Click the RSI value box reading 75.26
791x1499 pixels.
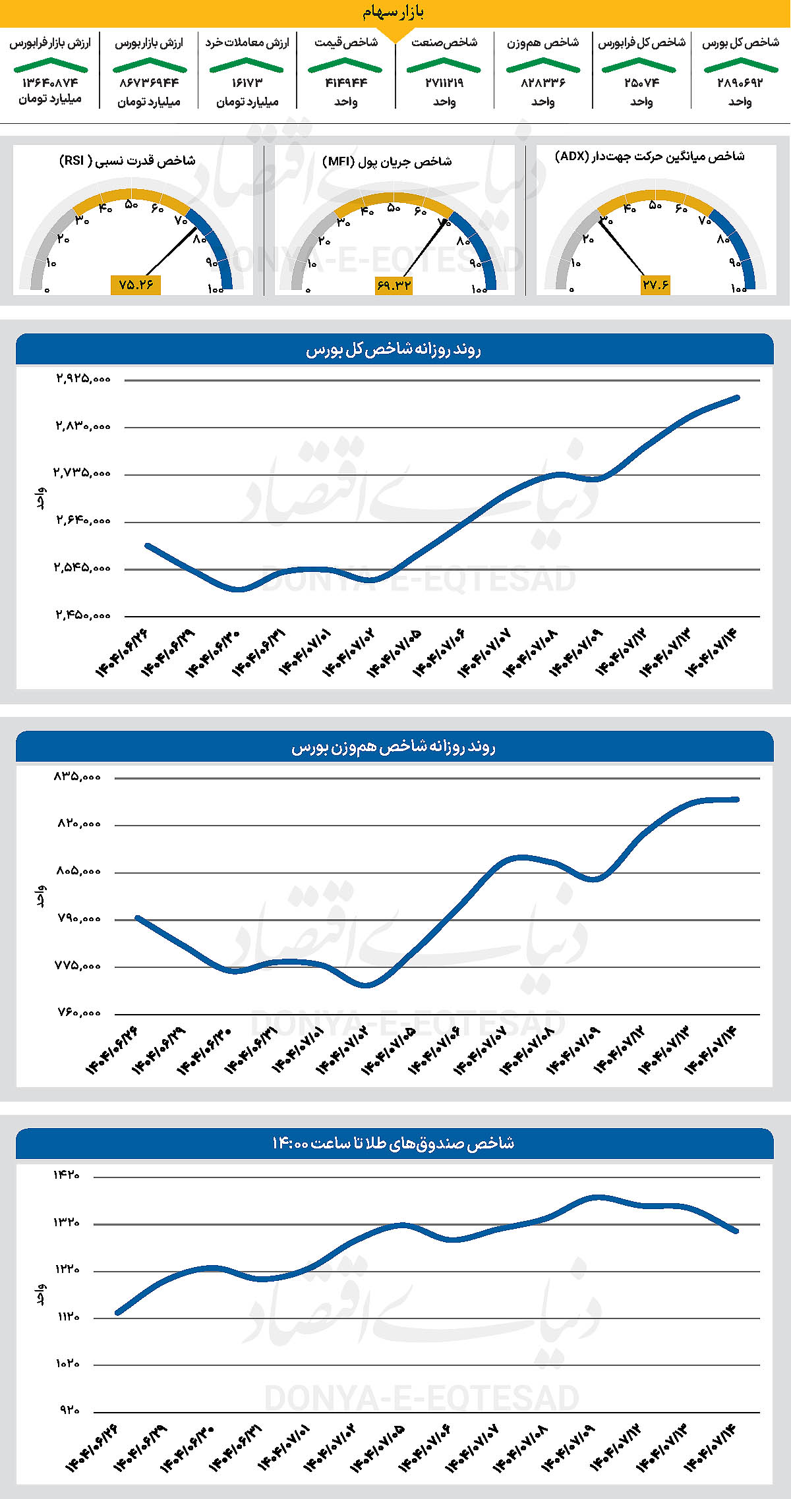pyautogui.click(x=136, y=285)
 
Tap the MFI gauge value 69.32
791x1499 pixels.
pyautogui.click(x=394, y=285)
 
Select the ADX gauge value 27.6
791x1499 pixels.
pyautogui.click(x=655, y=285)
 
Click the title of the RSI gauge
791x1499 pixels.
pyautogui.click(x=127, y=161)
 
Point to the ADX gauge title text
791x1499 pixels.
pyautogui.click(x=650, y=156)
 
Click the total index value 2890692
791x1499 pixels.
pyautogui.click(x=740, y=83)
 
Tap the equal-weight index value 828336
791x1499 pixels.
pyautogui.click(x=542, y=83)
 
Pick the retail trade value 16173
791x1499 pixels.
pyautogui.click(x=247, y=83)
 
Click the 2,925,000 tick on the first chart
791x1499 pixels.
pyautogui.click(x=83, y=379)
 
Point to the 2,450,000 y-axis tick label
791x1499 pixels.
pyautogui.click(x=83, y=615)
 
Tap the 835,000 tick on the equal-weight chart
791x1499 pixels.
pyautogui.click(x=78, y=777)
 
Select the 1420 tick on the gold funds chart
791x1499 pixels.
pyautogui.click(x=67, y=1175)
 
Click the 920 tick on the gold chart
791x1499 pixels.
pyautogui.click(x=70, y=1410)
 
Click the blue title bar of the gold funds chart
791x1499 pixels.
pyautogui.click(x=394, y=1143)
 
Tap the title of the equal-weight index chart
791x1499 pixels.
pyautogui.click(x=394, y=747)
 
